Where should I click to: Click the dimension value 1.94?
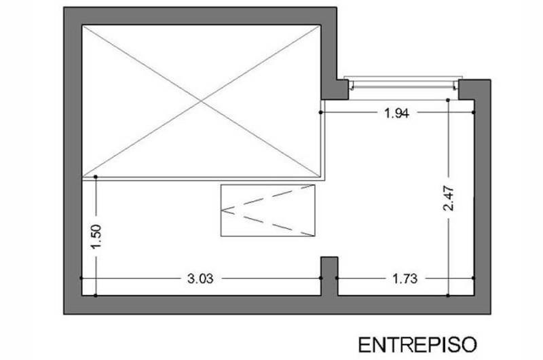(x=397, y=113)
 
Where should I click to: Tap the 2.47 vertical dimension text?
(x=449, y=198)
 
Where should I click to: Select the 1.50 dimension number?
(x=96, y=236)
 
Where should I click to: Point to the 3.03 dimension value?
(x=200, y=278)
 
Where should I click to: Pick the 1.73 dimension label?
(x=405, y=278)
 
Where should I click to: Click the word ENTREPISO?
(x=417, y=345)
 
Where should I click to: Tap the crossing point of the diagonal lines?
(x=201, y=101)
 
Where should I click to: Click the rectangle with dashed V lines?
(x=267, y=211)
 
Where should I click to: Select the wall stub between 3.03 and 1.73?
(x=329, y=276)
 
